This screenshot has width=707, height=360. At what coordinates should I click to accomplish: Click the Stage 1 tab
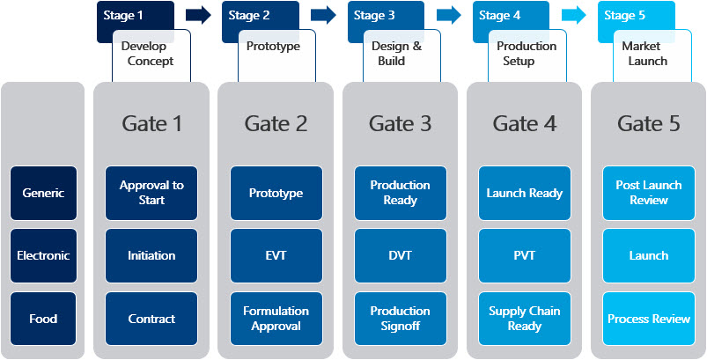pos(122,15)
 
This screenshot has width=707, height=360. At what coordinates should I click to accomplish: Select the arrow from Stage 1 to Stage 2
pos(198,15)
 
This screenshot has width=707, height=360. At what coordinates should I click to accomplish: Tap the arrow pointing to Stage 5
pos(573,15)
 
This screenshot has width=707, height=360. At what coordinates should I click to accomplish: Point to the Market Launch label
pos(647,54)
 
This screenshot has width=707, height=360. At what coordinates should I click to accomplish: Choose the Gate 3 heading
pos(400,123)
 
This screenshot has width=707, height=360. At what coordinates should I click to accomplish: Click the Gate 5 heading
pos(648,123)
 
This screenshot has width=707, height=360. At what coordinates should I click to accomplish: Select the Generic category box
pos(44,194)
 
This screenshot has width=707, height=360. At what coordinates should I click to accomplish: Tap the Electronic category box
pos(44,256)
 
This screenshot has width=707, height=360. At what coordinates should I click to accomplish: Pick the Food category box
pos(44,319)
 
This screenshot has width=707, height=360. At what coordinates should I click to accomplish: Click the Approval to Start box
pos(151,194)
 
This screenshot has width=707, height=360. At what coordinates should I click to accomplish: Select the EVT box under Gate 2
pos(276,256)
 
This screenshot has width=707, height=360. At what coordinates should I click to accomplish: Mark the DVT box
pos(401,256)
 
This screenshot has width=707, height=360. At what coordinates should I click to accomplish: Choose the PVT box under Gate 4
pos(525,256)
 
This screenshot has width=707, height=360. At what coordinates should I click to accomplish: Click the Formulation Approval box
pos(276,319)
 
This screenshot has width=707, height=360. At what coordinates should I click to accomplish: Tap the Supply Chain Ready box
pos(525,319)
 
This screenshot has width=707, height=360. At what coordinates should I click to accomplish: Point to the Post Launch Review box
pos(649,194)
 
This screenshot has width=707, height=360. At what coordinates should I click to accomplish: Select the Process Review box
pos(649,319)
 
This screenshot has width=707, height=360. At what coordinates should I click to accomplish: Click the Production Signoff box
pos(401,319)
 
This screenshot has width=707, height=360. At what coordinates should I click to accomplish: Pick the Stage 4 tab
pos(499,15)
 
